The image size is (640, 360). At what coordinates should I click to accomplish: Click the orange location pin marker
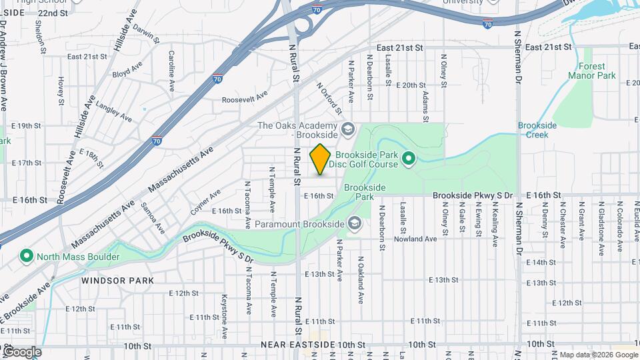click(320, 159)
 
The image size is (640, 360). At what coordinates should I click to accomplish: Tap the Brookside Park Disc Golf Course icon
click(409, 159)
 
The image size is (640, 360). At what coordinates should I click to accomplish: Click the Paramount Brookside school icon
click(354, 223)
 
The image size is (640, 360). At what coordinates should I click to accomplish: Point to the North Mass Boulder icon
click(27, 256)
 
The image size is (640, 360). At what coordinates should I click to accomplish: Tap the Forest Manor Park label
click(592, 71)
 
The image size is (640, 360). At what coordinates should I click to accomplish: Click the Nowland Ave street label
click(415, 239)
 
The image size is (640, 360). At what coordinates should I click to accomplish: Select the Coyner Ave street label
click(205, 199)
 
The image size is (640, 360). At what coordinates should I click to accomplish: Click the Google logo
click(21, 352)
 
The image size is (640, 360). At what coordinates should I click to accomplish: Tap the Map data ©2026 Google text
click(598, 355)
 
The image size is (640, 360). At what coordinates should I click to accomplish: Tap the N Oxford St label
click(329, 97)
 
